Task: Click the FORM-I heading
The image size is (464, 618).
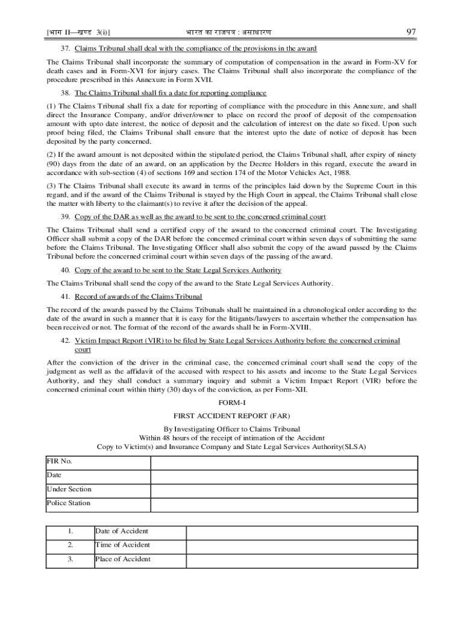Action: (231, 402)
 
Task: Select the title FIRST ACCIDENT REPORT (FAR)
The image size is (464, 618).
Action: (231, 416)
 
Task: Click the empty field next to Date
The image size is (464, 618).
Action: (283, 476)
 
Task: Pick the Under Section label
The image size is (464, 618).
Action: (69, 489)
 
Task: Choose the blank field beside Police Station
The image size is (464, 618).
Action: (283, 503)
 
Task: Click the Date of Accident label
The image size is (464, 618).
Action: (122, 531)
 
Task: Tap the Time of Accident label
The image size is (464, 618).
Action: (122, 545)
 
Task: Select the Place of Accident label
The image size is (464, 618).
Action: (123, 559)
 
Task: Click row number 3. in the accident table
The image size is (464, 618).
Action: (71, 559)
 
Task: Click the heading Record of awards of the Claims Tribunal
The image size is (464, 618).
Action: (138, 296)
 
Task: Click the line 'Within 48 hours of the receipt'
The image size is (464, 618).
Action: (231, 438)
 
